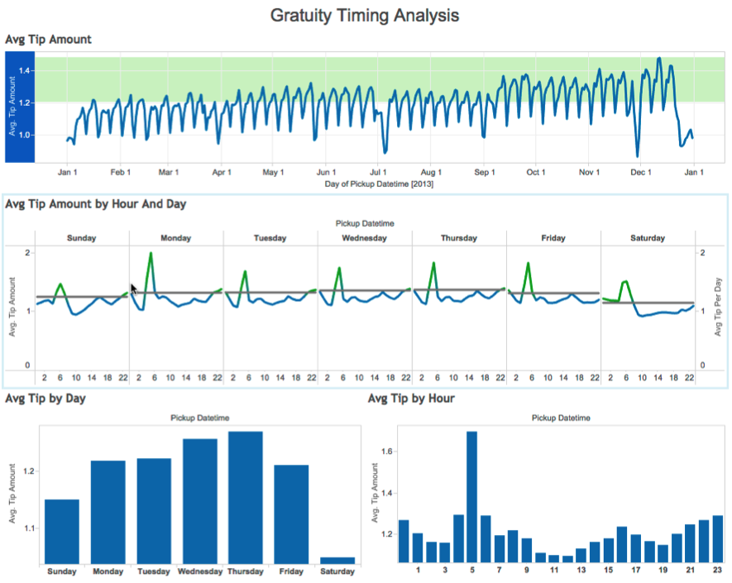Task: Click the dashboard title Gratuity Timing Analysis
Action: tap(365, 16)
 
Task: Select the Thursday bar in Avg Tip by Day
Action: tap(245, 496)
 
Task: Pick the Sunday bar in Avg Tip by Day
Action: tap(62, 530)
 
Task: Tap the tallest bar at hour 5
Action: tap(471, 496)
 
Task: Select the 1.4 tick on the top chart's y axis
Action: tap(23, 71)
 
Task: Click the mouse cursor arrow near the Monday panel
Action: tap(134, 289)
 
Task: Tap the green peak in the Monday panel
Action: tap(151, 254)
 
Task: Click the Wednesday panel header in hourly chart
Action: tap(364, 238)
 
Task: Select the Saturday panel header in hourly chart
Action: tap(648, 238)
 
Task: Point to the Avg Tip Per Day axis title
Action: tap(719, 308)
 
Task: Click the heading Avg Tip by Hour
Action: tap(412, 399)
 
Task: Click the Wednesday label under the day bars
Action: tap(199, 571)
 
